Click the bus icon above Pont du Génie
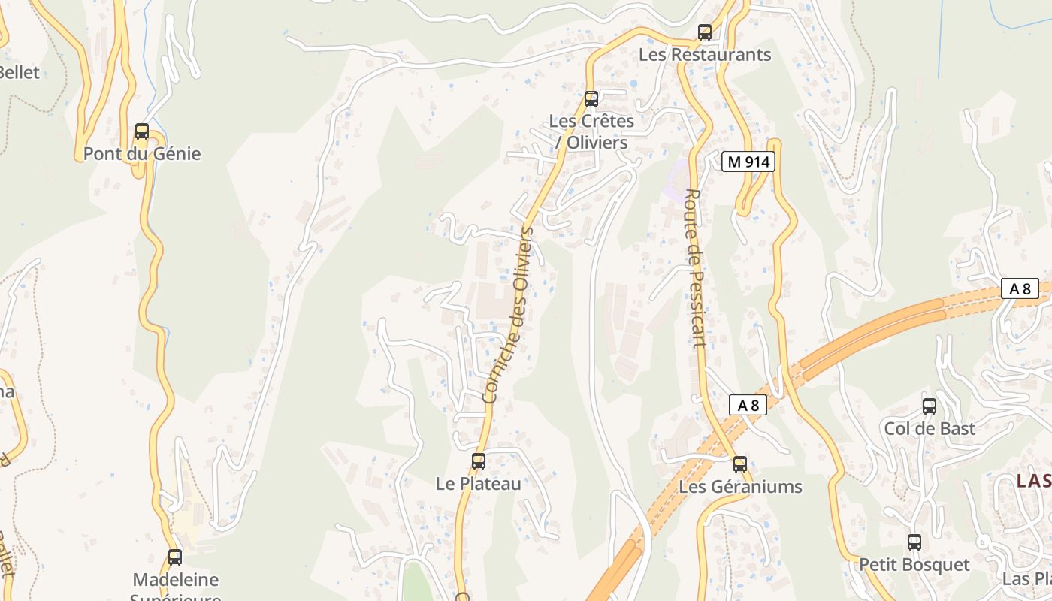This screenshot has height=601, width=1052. (142, 131)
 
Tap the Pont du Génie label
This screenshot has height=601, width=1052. (142, 154)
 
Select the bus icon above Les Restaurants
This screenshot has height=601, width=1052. (704, 32)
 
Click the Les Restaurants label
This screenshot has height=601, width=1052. (705, 55)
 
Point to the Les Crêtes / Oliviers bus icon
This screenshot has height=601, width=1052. (591, 98)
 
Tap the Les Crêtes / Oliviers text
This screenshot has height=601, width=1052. (591, 131)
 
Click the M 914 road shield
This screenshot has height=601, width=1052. (748, 162)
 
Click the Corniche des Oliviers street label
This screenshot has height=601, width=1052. (509, 316)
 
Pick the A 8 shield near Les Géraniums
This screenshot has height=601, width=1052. (748, 406)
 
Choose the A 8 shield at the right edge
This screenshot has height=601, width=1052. (1020, 288)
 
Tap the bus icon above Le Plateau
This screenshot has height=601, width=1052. (478, 461)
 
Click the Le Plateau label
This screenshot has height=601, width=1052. (478, 484)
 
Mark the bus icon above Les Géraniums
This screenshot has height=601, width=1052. (740, 464)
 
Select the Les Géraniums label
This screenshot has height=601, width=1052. (740, 487)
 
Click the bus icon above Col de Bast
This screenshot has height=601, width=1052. (930, 406)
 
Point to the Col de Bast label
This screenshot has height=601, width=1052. (930, 429)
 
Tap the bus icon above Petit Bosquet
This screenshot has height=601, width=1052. (914, 542)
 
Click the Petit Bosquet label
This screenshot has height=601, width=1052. (914, 564)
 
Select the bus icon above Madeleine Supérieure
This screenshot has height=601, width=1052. (175, 557)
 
